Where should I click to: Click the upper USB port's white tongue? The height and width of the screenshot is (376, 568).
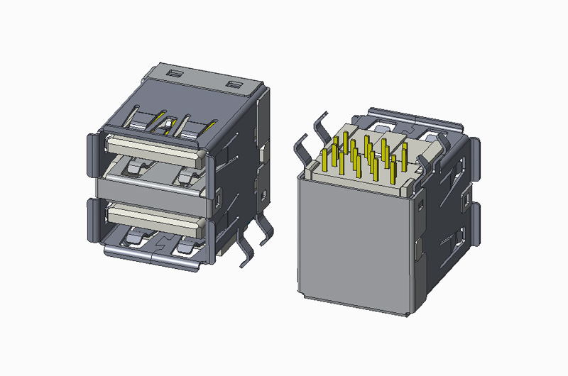153,147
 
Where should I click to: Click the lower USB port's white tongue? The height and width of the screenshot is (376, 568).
153,214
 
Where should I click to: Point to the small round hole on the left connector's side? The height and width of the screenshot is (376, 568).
264,192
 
